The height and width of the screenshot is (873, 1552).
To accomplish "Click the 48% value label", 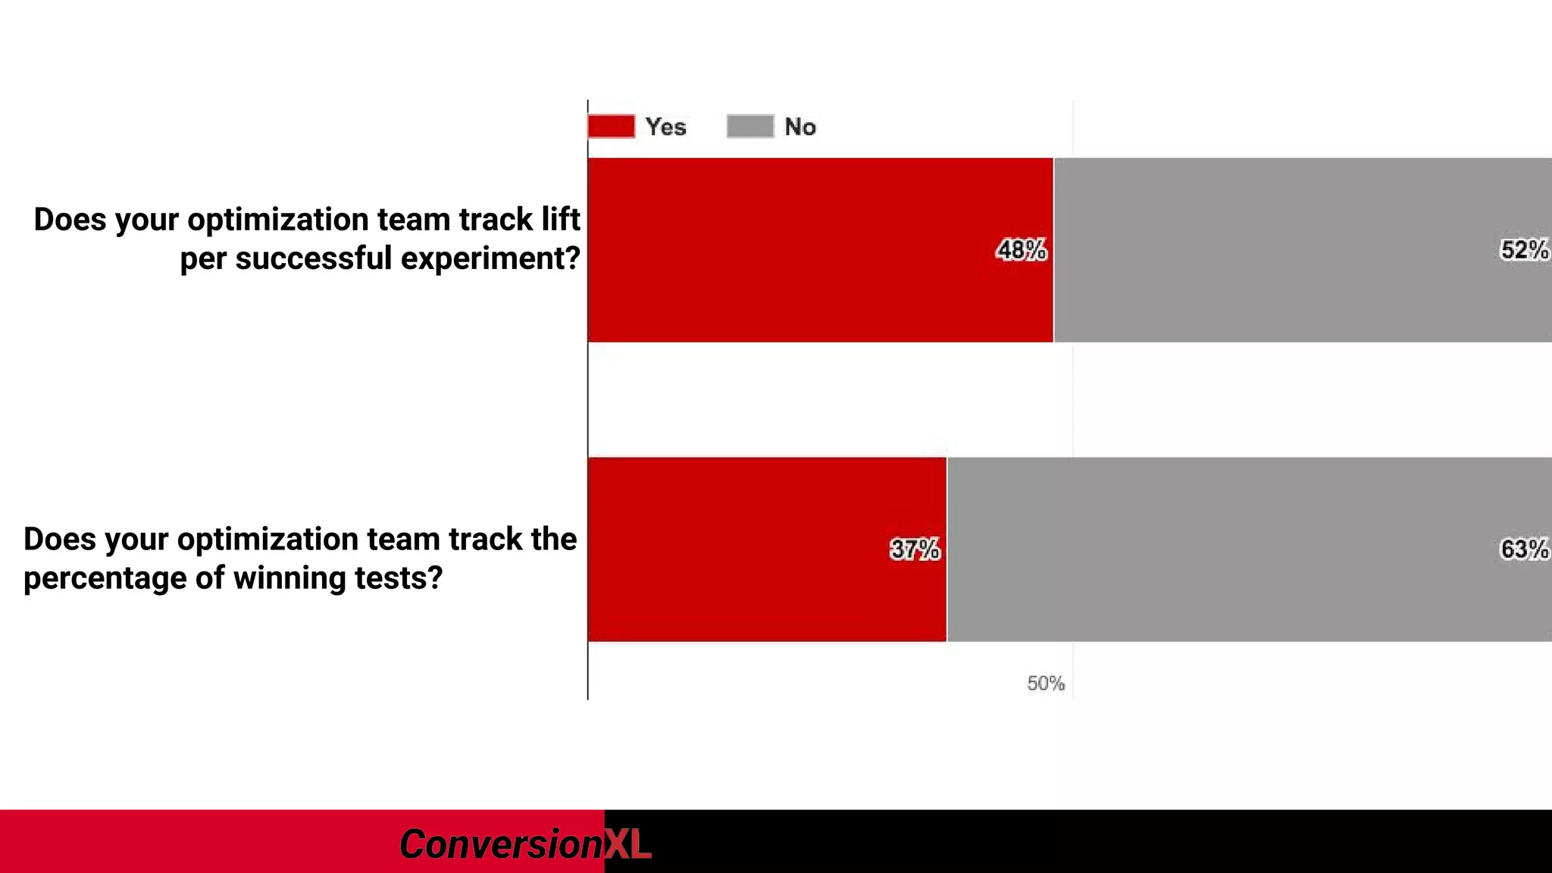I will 1021,250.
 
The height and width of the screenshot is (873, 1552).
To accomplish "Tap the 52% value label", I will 1524,250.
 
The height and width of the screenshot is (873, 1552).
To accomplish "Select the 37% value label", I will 915,549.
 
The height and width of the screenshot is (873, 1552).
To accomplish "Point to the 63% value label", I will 1524,549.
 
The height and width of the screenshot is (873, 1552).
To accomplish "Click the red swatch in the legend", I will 611,127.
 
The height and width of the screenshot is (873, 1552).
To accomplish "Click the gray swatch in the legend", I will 750,127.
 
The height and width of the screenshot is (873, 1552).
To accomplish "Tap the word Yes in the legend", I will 665,127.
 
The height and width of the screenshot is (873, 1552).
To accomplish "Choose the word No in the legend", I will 799,127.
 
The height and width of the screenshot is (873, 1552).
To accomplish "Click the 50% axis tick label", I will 1045,684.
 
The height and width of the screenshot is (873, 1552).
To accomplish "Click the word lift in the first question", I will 561,220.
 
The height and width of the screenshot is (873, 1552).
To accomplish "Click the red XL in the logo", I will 627,844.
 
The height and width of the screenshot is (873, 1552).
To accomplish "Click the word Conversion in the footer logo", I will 500,844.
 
